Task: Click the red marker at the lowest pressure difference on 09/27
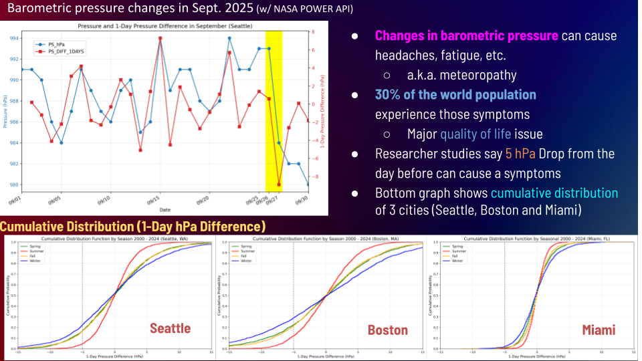click(x=279, y=185)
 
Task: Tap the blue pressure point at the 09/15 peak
click(x=160, y=39)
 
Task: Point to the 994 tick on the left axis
click(x=13, y=38)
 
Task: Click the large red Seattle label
click(x=170, y=328)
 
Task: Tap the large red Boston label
click(x=387, y=330)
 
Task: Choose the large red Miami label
click(x=599, y=330)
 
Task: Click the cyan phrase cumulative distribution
click(x=554, y=193)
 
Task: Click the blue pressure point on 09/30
click(x=308, y=185)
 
